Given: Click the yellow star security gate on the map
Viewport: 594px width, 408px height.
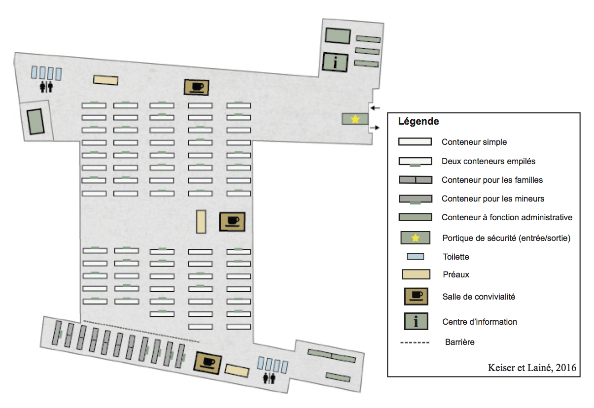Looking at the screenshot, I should [355, 119].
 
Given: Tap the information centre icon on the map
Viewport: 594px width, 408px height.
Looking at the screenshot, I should [336, 63].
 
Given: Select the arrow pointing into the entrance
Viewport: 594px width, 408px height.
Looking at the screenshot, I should [376, 108].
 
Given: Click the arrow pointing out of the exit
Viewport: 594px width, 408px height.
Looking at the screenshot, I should [376, 128].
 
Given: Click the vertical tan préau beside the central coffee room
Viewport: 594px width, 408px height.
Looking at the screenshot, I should [201, 221].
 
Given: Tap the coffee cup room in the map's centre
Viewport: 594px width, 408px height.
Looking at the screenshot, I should [232, 222].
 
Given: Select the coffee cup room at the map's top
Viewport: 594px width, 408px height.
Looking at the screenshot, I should [197, 87].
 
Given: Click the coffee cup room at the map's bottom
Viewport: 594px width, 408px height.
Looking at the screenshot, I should [208, 363].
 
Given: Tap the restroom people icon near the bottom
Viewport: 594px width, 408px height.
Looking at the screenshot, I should [270, 378].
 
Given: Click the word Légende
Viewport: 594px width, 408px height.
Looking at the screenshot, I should [419, 121].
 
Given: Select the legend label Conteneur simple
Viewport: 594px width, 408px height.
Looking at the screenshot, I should [474, 142].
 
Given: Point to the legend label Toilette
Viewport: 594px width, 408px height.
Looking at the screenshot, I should [456, 257].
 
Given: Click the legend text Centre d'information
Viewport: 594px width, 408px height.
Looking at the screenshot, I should [480, 322].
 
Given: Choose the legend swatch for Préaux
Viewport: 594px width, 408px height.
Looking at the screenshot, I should [416, 274].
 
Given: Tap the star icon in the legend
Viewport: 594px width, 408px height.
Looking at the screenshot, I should [416, 238].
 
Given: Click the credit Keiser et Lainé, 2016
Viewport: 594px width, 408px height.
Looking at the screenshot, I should [532, 368].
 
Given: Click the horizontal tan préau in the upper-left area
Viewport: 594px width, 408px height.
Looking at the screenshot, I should [106, 80].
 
